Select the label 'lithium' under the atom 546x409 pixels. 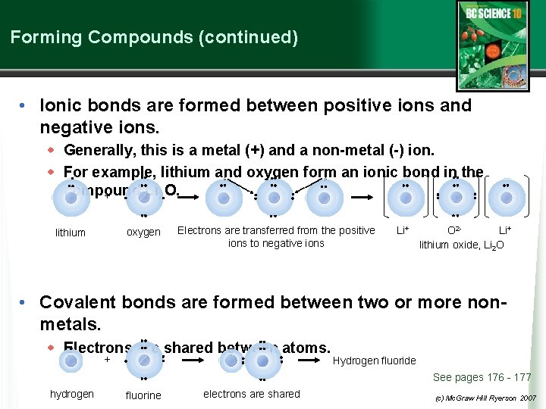tap(71, 233)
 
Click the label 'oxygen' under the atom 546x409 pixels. tap(143, 232)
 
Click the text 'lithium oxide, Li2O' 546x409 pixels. tap(462, 245)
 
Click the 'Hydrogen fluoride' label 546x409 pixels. tap(374, 361)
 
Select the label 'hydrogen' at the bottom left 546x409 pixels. tap(72, 394)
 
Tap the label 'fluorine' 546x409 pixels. tap(143, 395)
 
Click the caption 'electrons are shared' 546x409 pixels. tap(252, 394)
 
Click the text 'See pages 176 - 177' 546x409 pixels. tap(482, 377)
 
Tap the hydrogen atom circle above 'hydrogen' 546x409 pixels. tap(71, 361)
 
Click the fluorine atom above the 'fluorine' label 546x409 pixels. tap(143, 361)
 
